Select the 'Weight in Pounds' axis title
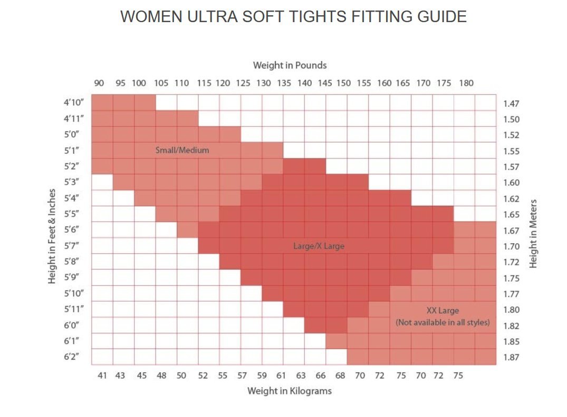pyautogui.click(x=290, y=65)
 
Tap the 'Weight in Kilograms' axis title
pyautogui.click(x=290, y=391)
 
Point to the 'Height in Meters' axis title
pyautogui.click(x=533, y=233)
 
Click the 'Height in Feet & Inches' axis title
pyautogui.click(x=52, y=236)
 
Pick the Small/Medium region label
pyautogui.click(x=182, y=150)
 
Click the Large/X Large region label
pyautogui.click(x=319, y=246)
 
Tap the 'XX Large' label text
pyautogui.click(x=443, y=310)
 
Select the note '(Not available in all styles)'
pyautogui.click(x=443, y=322)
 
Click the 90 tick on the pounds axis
pyautogui.click(x=99, y=83)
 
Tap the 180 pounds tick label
pyautogui.click(x=466, y=83)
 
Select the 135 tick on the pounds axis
pyautogui.click(x=284, y=83)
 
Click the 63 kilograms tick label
pyautogui.click(x=301, y=375)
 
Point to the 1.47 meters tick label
pyautogui.click(x=511, y=104)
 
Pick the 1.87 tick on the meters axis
pyautogui.click(x=511, y=358)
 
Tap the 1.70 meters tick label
pyautogui.click(x=511, y=246)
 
